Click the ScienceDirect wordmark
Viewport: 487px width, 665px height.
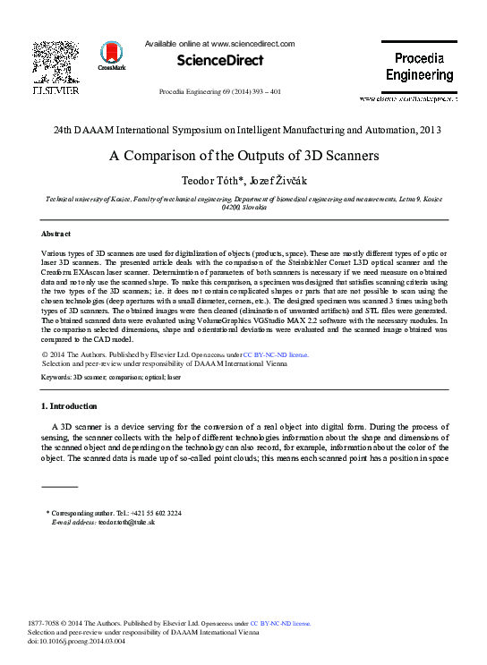tap(219, 61)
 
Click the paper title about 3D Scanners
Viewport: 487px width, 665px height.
tap(243, 155)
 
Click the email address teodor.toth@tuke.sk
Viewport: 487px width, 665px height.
tap(126, 522)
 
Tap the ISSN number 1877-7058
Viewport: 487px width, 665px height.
tap(47, 622)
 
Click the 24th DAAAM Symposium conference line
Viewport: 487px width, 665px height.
tap(243, 131)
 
